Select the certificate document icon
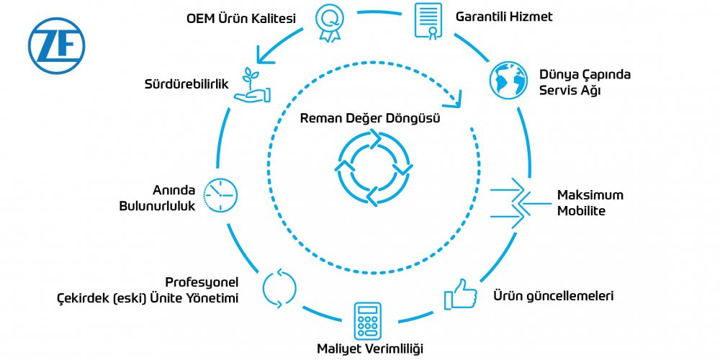428,20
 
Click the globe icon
508,79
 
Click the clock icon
220,194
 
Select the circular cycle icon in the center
374,167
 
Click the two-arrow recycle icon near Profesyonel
279,287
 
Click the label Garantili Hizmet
505,17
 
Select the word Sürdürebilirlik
186,84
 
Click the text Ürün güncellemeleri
553,296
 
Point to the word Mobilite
581,212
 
